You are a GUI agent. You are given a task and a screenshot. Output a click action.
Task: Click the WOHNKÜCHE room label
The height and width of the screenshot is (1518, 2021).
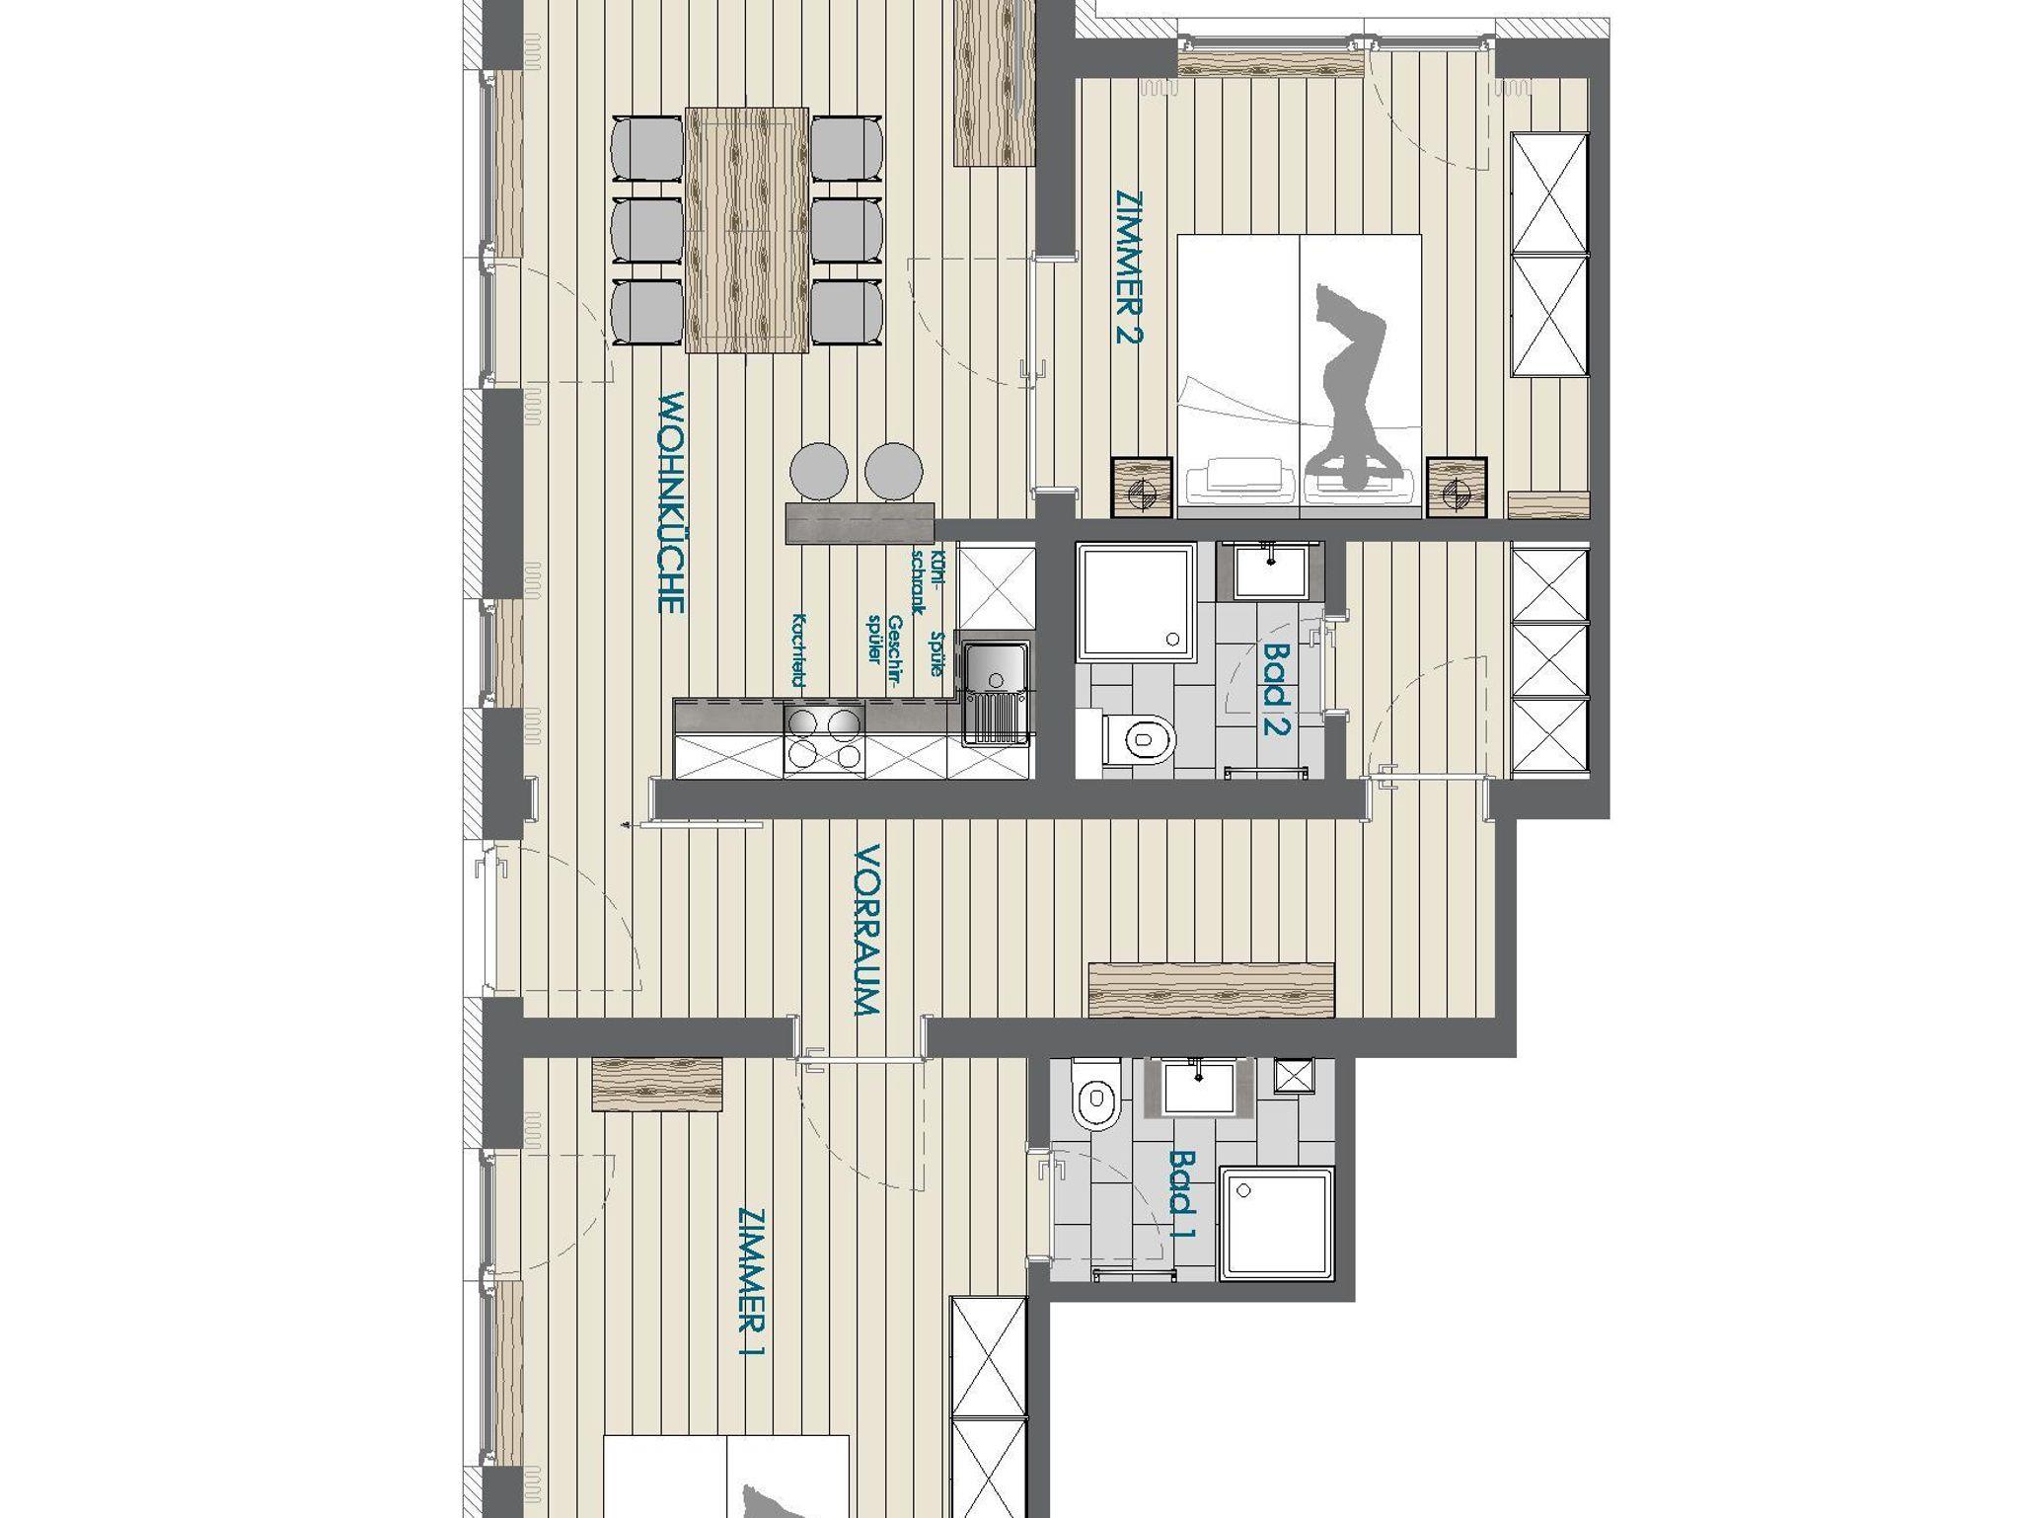[x=671, y=502]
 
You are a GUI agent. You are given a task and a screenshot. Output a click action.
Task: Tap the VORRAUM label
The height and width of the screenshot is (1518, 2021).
[x=866, y=930]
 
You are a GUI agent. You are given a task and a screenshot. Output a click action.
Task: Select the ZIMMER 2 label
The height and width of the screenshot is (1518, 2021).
[x=1129, y=266]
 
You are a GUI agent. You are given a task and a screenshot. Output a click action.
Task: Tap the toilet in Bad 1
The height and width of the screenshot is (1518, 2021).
[x=1097, y=1095]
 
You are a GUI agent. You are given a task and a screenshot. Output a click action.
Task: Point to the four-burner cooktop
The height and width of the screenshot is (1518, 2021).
[x=824, y=739]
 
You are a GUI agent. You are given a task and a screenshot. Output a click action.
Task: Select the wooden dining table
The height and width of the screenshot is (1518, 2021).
[x=746, y=231]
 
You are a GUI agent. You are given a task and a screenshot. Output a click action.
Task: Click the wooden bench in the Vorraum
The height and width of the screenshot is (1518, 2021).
[x=1211, y=989]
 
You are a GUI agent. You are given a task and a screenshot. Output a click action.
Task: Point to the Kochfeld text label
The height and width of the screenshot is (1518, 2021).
[x=798, y=650]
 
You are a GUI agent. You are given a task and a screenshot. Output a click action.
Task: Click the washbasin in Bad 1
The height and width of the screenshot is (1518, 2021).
[x=1199, y=1088]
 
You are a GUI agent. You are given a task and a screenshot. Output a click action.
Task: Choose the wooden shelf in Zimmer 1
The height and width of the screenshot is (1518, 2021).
[x=657, y=1084]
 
